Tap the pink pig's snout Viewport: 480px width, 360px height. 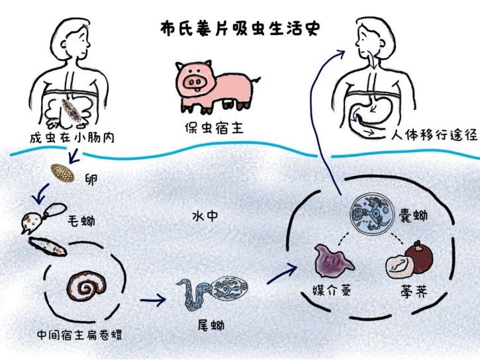pyautogui.click(x=195, y=81)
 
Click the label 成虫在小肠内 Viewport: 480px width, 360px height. pyautogui.click(x=63, y=138)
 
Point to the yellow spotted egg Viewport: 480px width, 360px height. pyautogui.click(x=63, y=173)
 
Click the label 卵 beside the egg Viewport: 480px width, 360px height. pyautogui.click(x=91, y=178)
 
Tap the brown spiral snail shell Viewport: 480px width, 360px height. pyautogui.click(x=85, y=286)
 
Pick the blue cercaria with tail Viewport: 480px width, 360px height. pyautogui.click(x=212, y=291)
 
